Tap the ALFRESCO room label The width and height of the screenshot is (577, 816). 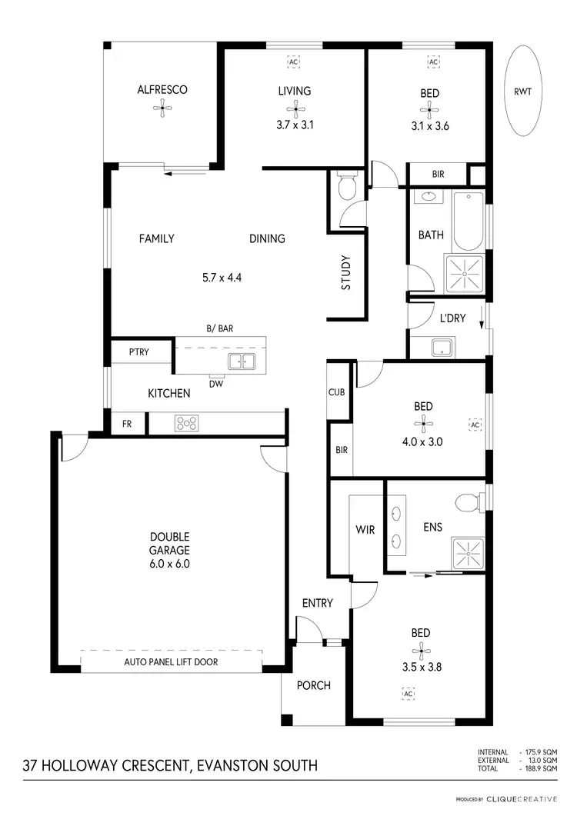162,90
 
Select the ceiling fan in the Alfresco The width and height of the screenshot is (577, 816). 162,110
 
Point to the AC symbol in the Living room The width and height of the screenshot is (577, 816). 294,62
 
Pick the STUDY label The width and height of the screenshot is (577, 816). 346,272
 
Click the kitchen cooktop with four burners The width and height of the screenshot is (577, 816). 188,422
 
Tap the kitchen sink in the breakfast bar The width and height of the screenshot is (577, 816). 242,361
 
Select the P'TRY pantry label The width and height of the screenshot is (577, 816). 139,352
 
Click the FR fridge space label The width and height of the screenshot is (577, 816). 127,423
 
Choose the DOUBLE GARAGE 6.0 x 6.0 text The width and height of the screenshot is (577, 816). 170,550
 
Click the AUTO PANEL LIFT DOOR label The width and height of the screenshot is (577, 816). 170,661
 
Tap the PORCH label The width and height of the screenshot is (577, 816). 314,684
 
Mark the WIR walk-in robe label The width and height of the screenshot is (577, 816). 365,530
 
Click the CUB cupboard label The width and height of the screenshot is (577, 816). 337,391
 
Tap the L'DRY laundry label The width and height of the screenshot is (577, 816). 452,318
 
